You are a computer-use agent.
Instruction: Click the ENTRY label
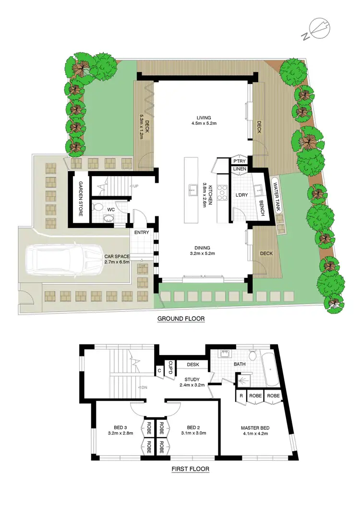142,233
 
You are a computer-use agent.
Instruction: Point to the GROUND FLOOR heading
181,318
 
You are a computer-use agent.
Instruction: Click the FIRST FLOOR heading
190,469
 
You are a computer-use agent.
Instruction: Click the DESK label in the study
193,365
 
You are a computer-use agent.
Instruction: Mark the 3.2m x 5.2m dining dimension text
204,253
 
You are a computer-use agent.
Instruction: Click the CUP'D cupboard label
170,369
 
